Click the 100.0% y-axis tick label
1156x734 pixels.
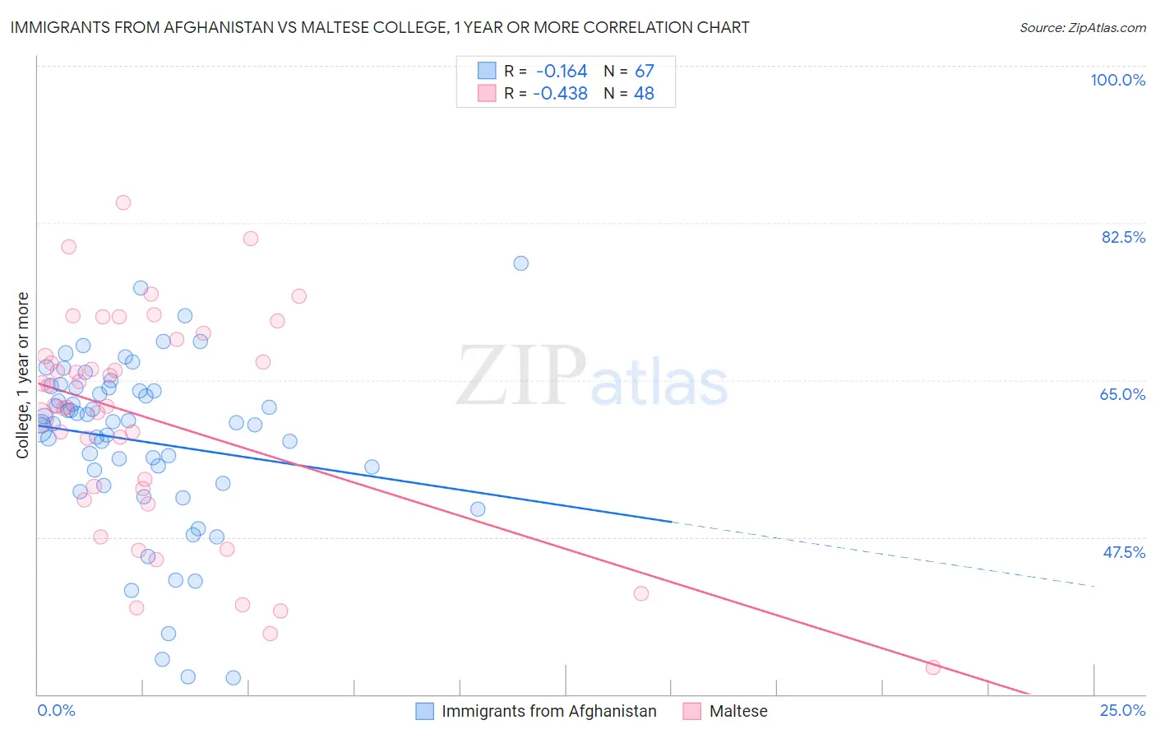coord(1117,80)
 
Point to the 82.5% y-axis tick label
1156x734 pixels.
coord(1123,237)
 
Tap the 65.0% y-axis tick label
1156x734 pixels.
coord(1122,394)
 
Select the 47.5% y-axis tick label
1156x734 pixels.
coord(1124,552)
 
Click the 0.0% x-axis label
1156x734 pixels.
coord(56,711)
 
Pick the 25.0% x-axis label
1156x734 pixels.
coord(1122,711)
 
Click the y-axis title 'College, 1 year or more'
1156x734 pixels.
coord(22,375)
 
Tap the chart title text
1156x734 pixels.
coord(379,27)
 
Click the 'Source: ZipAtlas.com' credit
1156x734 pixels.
coord(1082,27)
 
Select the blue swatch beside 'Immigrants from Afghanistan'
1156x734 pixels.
coord(424,711)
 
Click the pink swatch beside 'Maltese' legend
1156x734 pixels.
coord(692,711)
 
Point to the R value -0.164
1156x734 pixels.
coord(561,72)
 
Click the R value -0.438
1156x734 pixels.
coord(560,94)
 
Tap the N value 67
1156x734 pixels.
coord(644,72)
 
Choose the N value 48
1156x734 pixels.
coord(644,94)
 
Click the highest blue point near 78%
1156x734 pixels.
coord(520,263)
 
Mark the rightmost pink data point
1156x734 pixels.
coord(932,667)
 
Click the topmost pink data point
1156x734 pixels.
coord(123,202)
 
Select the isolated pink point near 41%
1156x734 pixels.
coord(641,593)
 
